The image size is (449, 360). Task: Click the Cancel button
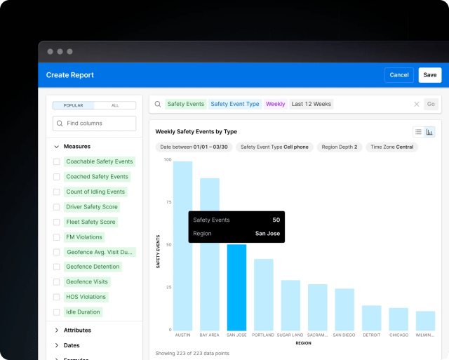(399, 75)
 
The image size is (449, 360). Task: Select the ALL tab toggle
(115, 105)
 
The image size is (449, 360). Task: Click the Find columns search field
(95, 124)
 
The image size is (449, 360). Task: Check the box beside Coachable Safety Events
(57, 162)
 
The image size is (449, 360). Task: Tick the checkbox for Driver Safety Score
(57, 207)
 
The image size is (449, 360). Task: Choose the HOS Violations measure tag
(86, 297)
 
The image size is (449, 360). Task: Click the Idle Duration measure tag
(83, 312)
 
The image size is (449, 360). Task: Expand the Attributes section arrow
(56, 330)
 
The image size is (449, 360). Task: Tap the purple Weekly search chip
(275, 104)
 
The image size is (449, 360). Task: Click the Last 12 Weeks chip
(311, 104)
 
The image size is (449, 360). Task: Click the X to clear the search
(416, 104)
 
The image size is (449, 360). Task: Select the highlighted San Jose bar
(236, 288)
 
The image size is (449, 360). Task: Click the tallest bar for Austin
(182, 246)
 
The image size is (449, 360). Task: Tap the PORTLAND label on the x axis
(263, 335)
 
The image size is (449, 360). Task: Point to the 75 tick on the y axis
(168, 202)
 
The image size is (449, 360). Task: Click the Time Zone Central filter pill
(392, 147)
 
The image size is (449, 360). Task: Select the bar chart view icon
(429, 131)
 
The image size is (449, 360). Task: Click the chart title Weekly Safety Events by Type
(196, 131)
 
